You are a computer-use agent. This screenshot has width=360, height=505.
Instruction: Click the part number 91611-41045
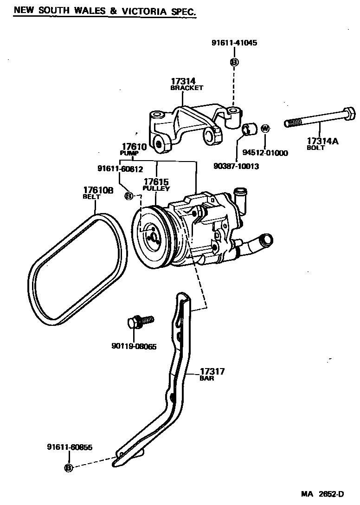(234, 43)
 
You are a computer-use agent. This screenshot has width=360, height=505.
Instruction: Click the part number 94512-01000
(265, 153)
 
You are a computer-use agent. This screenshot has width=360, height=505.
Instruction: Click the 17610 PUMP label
(133, 149)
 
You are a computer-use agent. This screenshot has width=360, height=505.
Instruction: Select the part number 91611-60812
(120, 169)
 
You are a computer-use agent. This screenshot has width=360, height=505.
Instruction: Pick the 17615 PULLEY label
(156, 185)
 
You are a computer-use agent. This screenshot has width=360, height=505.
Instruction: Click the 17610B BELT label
(98, 193)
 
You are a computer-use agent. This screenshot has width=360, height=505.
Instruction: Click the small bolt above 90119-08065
(139, 321)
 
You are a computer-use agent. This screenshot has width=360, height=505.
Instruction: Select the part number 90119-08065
(134, 345)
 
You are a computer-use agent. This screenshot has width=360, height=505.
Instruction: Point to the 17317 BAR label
(212, 374)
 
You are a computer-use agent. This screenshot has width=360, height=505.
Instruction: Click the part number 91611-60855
(70, 447)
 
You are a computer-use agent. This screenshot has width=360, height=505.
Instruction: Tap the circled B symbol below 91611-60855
(69, 467)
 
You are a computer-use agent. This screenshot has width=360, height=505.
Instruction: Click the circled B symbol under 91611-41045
(234, 62)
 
